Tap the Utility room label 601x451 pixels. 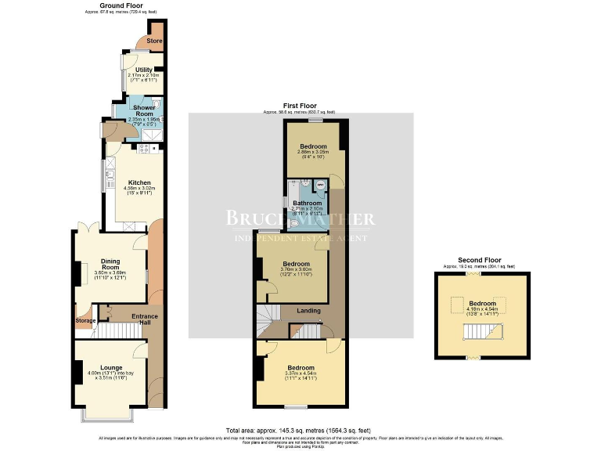143,70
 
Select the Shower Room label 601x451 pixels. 143,110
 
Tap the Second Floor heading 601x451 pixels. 480,260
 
